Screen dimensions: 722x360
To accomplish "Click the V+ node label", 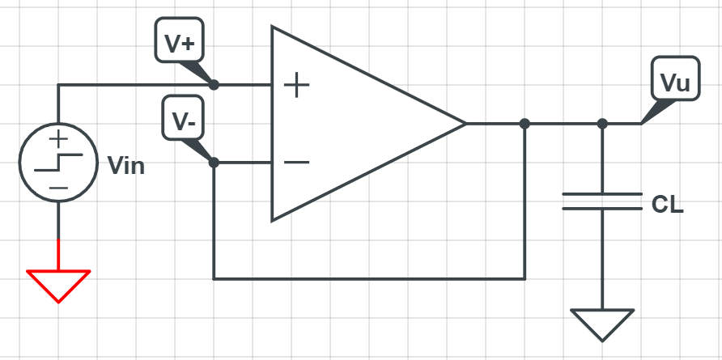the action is coord(180,44).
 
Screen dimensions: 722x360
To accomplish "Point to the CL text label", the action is coord(667,205).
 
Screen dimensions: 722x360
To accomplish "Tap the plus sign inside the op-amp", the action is coord(297,85).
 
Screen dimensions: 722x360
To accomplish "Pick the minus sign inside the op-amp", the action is coord(297,162).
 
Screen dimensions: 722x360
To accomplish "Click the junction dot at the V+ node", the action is coord(214,84).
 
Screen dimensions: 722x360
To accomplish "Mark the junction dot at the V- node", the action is coord(214,162).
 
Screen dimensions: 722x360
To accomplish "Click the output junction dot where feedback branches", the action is coord(525,124).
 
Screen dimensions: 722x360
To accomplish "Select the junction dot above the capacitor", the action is coord(602,124).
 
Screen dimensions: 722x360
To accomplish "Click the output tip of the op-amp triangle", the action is coord(465,124).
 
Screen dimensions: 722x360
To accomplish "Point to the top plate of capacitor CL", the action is coord(602,195).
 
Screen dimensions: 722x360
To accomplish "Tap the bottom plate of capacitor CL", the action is coord(602,209).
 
